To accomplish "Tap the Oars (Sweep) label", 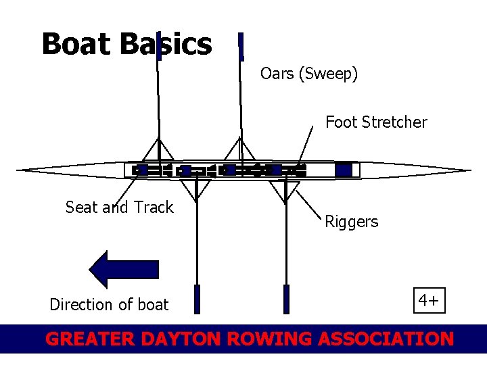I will tap(309, 73).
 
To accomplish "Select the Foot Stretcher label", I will tap(376, 122).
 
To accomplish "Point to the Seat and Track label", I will tap(120, 208).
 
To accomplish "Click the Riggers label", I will tap(352, 222).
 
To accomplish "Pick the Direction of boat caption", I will tap(109, 305).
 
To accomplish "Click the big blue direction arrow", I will tap(124, 269).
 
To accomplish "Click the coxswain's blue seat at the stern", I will tap(344, 170).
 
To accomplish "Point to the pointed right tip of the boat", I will tap(468, 170).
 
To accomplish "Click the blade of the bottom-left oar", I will tap(197, 299).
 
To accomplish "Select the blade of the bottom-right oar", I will tap(286, 299).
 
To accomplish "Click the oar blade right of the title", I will tap(241, 46).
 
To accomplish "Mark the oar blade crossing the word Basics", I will tap(158, 46).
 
